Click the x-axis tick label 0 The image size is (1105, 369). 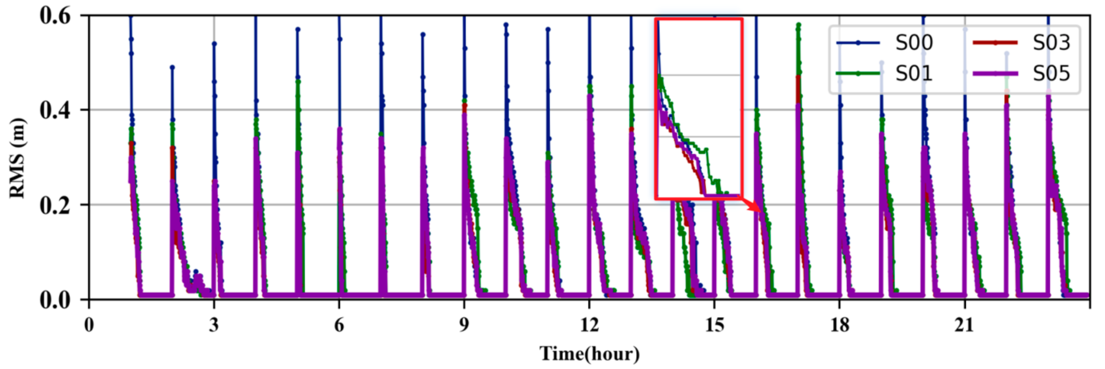click(89, 325)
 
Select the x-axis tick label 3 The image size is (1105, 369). click(214, 325)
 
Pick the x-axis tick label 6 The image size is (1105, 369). click(339, 325)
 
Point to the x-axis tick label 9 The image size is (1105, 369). click(464, 325)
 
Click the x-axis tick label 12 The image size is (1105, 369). click(589, 325)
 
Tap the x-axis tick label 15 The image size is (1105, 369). click(714, 325)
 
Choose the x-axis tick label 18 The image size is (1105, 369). click(839, 325)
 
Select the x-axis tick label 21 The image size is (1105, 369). click(964, 325)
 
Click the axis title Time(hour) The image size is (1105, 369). click(589, 354)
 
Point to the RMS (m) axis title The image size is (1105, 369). click(18, 158)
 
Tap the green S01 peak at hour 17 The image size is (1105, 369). click(798, 24)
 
